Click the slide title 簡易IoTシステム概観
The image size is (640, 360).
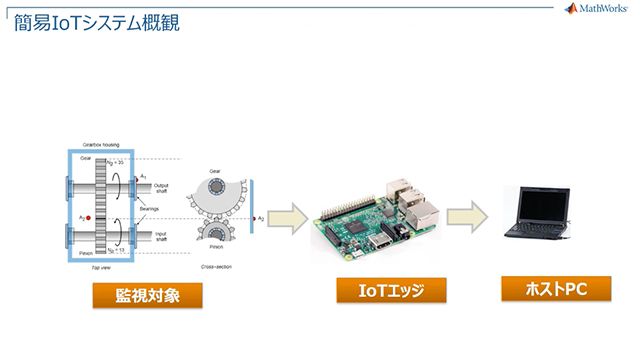[x=97, y=21]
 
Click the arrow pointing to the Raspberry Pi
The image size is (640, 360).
[x=286, y=217]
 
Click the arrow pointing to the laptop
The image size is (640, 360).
[x=466, y=217]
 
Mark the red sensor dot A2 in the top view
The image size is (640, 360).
[x=89, y=217]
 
